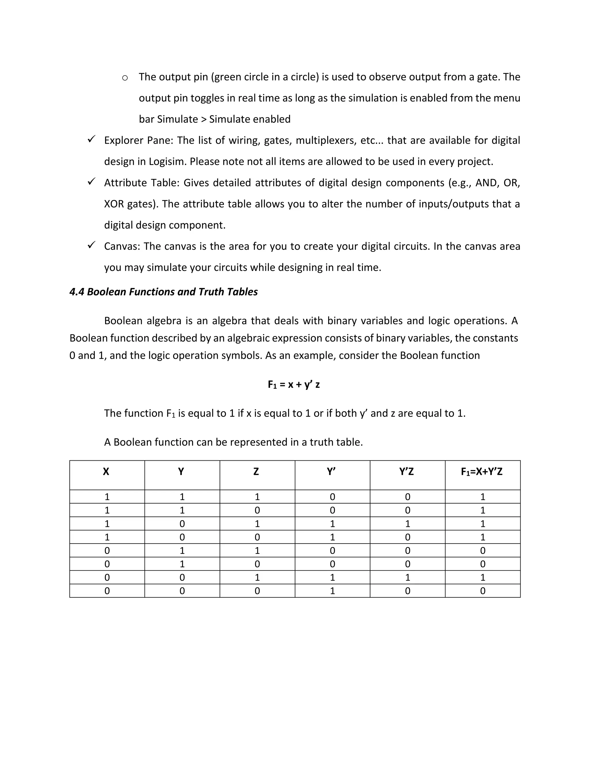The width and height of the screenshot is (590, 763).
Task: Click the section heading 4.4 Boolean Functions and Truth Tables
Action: pos(164,292)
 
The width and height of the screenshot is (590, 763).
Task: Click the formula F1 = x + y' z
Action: pos(294,385)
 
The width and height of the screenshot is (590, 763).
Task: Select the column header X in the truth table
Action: pos(106,472)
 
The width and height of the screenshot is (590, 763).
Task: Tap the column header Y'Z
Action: pos(406,472)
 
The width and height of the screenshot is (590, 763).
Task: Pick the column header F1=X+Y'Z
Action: pos(482,472)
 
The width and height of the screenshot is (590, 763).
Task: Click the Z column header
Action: pos(256,472)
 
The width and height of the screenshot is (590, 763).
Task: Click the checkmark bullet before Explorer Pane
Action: pos(91,139)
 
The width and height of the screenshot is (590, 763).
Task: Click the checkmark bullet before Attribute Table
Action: pos(91,182)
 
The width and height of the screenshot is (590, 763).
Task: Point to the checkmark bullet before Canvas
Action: pos(91,245)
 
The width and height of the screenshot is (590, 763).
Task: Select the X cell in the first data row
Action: pos(107,497)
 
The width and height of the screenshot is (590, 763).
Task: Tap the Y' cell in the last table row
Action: pos(332,591)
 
